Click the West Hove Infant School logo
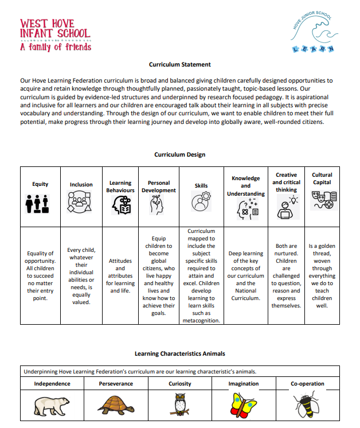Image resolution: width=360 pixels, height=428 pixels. click(x=55, y=34)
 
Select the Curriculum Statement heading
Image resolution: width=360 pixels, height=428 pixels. click(x=179, y=65)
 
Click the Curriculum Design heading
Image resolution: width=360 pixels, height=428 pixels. click(x=179, y=154)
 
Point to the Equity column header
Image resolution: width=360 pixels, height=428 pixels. click(x=40, y=184)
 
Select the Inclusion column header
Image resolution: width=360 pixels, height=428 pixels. click(x=81, y=185)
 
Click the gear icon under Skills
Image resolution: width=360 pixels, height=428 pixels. click(x=201, y=204)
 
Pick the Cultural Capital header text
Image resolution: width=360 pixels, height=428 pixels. click(x=322, y=178)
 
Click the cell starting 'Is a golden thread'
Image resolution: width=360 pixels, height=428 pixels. click(x=322, y=275)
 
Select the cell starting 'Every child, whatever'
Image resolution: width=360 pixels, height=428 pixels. click(x=81, y=276)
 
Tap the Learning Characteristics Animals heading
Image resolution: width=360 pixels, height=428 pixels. click(x=179, y=353)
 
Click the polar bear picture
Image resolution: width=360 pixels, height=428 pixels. click(x=52, y=405)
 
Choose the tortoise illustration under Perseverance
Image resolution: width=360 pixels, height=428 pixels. click(x=116, y=405)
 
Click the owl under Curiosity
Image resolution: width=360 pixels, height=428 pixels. click(x=179, y=404)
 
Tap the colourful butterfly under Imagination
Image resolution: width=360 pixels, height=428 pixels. click(x=243, y=404)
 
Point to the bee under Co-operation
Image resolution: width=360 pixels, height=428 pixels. click(x=307, y=405)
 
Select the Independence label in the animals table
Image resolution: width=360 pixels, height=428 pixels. click(x=52, y=384)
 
